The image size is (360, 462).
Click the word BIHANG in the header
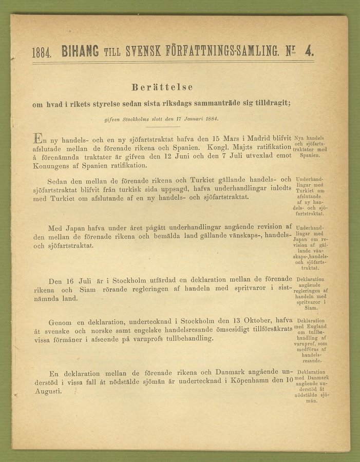80,51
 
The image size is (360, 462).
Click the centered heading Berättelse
162,87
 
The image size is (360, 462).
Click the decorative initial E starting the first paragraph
38,138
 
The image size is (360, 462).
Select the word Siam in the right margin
310,308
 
